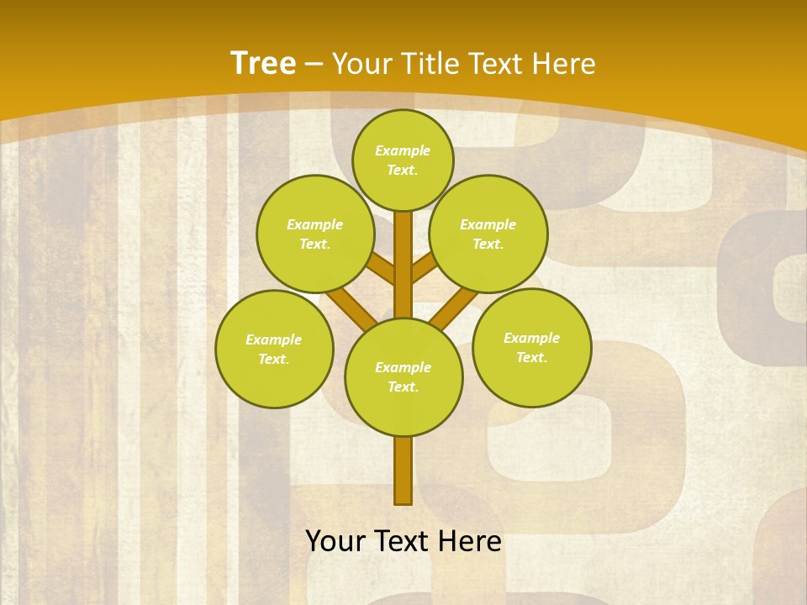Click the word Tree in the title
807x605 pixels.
click(x=263, y=64)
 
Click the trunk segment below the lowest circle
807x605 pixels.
click(x=403, y=471)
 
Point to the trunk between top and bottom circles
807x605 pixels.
click(x=403, y=265)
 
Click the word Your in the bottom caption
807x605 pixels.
click(x=336, y=541)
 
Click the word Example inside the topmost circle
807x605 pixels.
click(x=403, y=151)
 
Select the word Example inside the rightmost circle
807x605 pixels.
click(x=531, y=339)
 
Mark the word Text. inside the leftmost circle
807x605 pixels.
click(x=273, y=360)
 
